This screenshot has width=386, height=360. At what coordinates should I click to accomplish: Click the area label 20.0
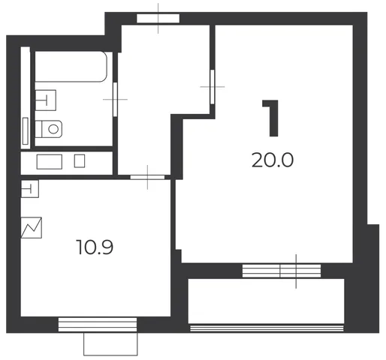tap(273, 160)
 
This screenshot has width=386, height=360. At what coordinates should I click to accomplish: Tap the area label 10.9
tap(95, 247)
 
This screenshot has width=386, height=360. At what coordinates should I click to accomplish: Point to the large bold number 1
tap(271, 118)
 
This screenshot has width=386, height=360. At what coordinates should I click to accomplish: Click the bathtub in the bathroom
tap(71, 67)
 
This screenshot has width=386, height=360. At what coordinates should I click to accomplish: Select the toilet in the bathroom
tap(49, 129)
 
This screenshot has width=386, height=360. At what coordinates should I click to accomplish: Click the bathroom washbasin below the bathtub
tap(46, 100)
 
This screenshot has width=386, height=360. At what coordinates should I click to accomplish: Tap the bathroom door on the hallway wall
tap(115, 99)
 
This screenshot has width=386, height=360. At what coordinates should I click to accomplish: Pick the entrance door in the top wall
tap(158, 19)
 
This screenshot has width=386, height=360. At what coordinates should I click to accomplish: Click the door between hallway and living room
tap(213, 87)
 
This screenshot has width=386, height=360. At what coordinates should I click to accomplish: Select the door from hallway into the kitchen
tap(147, 177)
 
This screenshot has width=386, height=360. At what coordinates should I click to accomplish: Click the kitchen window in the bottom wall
tap(98, 325)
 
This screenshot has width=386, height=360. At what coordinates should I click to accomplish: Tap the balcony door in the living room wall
tap(282, 271)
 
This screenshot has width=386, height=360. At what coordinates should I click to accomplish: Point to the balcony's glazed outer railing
tap(267, 328)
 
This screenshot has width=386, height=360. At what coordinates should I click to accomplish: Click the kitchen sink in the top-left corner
tap(30, 189)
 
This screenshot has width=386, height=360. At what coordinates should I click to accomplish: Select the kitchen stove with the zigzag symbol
tap(32, 227)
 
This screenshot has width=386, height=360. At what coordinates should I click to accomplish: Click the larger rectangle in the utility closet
tap(50, 162)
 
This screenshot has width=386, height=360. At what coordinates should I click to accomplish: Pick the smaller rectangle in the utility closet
tap(80, 161)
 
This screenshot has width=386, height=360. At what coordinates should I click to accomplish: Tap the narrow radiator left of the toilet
tap(26, 131)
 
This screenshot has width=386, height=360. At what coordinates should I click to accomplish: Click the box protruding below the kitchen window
tap(110, 343)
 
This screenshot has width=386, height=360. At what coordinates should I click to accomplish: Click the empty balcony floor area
tap(266, 301)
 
